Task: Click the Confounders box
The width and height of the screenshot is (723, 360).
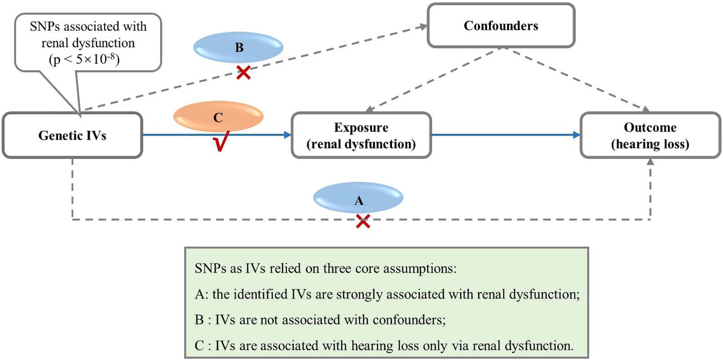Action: point(501,25)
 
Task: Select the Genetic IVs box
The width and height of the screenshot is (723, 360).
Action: point(72,135)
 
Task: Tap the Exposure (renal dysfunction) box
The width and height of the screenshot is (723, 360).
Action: point(361,135)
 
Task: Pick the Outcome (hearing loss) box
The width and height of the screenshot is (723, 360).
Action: point(650,135)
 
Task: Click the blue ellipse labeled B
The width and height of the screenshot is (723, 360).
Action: point(238,47)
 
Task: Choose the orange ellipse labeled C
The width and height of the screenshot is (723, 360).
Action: point(218,116)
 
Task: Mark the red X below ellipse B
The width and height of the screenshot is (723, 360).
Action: point(243,73)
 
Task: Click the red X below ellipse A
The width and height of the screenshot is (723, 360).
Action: point(363,221)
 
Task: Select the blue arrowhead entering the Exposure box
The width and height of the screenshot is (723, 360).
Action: point(287,135)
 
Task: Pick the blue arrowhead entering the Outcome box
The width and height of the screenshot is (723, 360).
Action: point(576,135)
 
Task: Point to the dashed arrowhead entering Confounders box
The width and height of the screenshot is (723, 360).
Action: point(423,27)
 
